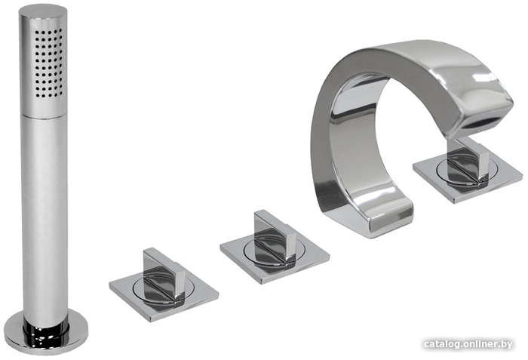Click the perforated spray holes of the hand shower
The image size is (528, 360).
48,63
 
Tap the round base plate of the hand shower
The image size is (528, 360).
46,334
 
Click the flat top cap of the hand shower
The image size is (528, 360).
43,12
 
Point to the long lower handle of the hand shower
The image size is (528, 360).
45,219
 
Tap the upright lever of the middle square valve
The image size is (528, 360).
275,238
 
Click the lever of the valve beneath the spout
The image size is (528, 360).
468,164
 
